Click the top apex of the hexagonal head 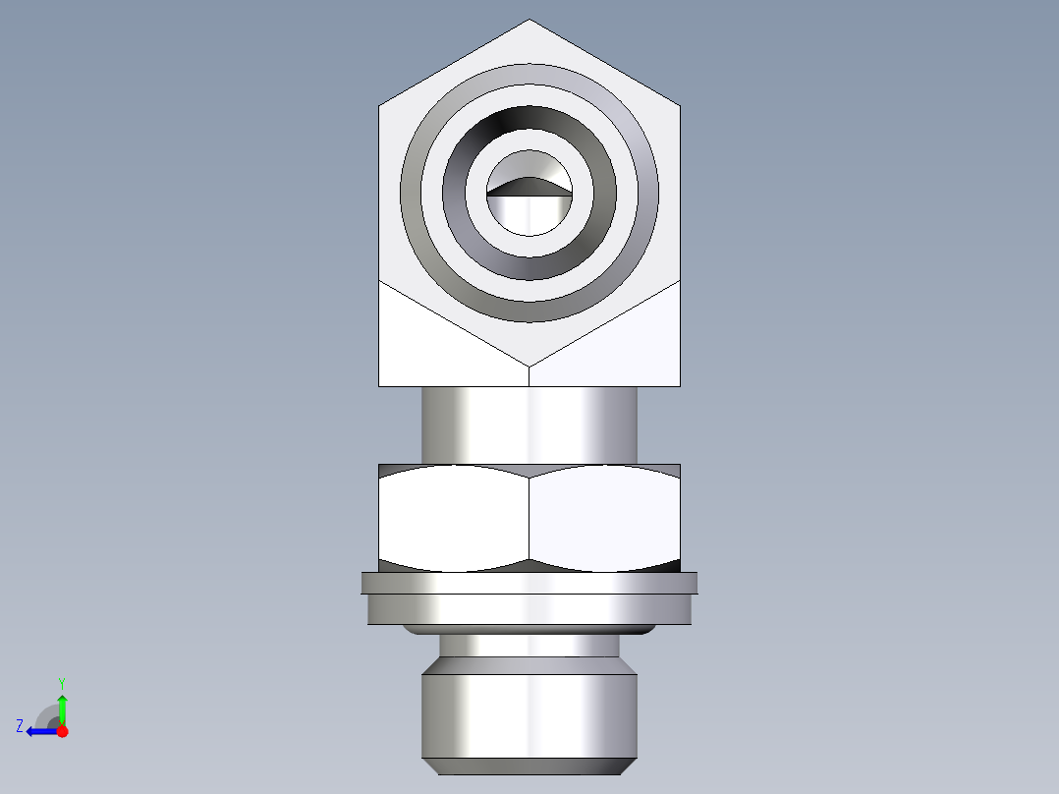pos(529,22)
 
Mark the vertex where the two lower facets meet pos(529,367)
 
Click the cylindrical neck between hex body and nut pos(529,425)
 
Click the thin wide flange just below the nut pos(529,583)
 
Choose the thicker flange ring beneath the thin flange pos(529,609)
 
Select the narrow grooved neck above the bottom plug pos(529,646)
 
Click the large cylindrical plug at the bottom pos(529,712)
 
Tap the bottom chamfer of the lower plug pos(529,766)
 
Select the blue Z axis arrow pos(39,731)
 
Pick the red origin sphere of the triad pos(63,731)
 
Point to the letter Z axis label pos(20,726)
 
